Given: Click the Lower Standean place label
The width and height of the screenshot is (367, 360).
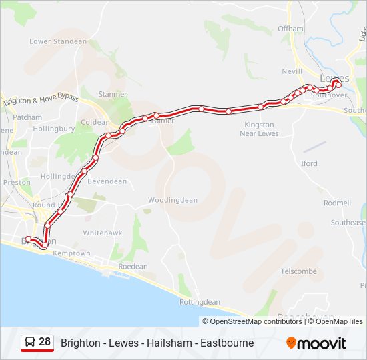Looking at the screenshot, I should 58,41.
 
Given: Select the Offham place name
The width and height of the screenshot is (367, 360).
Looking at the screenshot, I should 290,29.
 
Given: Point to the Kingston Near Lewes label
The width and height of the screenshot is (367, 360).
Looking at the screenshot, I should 259,129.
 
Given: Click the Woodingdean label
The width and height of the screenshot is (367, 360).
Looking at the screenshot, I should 173,200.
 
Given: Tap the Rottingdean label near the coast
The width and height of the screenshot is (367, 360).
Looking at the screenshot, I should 200,302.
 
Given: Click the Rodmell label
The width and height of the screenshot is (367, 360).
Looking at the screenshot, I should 337,203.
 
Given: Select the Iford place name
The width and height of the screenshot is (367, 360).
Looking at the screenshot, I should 309,163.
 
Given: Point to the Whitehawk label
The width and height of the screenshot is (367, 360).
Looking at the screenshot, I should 102,233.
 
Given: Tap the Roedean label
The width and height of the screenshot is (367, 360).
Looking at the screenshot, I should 133,267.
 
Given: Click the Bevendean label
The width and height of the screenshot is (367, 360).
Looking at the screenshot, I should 107,181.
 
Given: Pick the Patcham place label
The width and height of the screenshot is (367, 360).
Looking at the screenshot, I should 28,117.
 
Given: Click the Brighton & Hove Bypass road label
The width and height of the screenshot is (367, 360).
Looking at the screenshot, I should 41,101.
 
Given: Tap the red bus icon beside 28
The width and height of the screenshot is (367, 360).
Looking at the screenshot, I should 29,343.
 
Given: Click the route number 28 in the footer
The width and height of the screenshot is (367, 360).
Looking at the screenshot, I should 45,342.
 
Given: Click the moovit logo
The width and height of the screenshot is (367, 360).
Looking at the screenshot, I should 316,343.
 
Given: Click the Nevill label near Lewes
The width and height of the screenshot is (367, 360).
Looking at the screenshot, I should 292,71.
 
